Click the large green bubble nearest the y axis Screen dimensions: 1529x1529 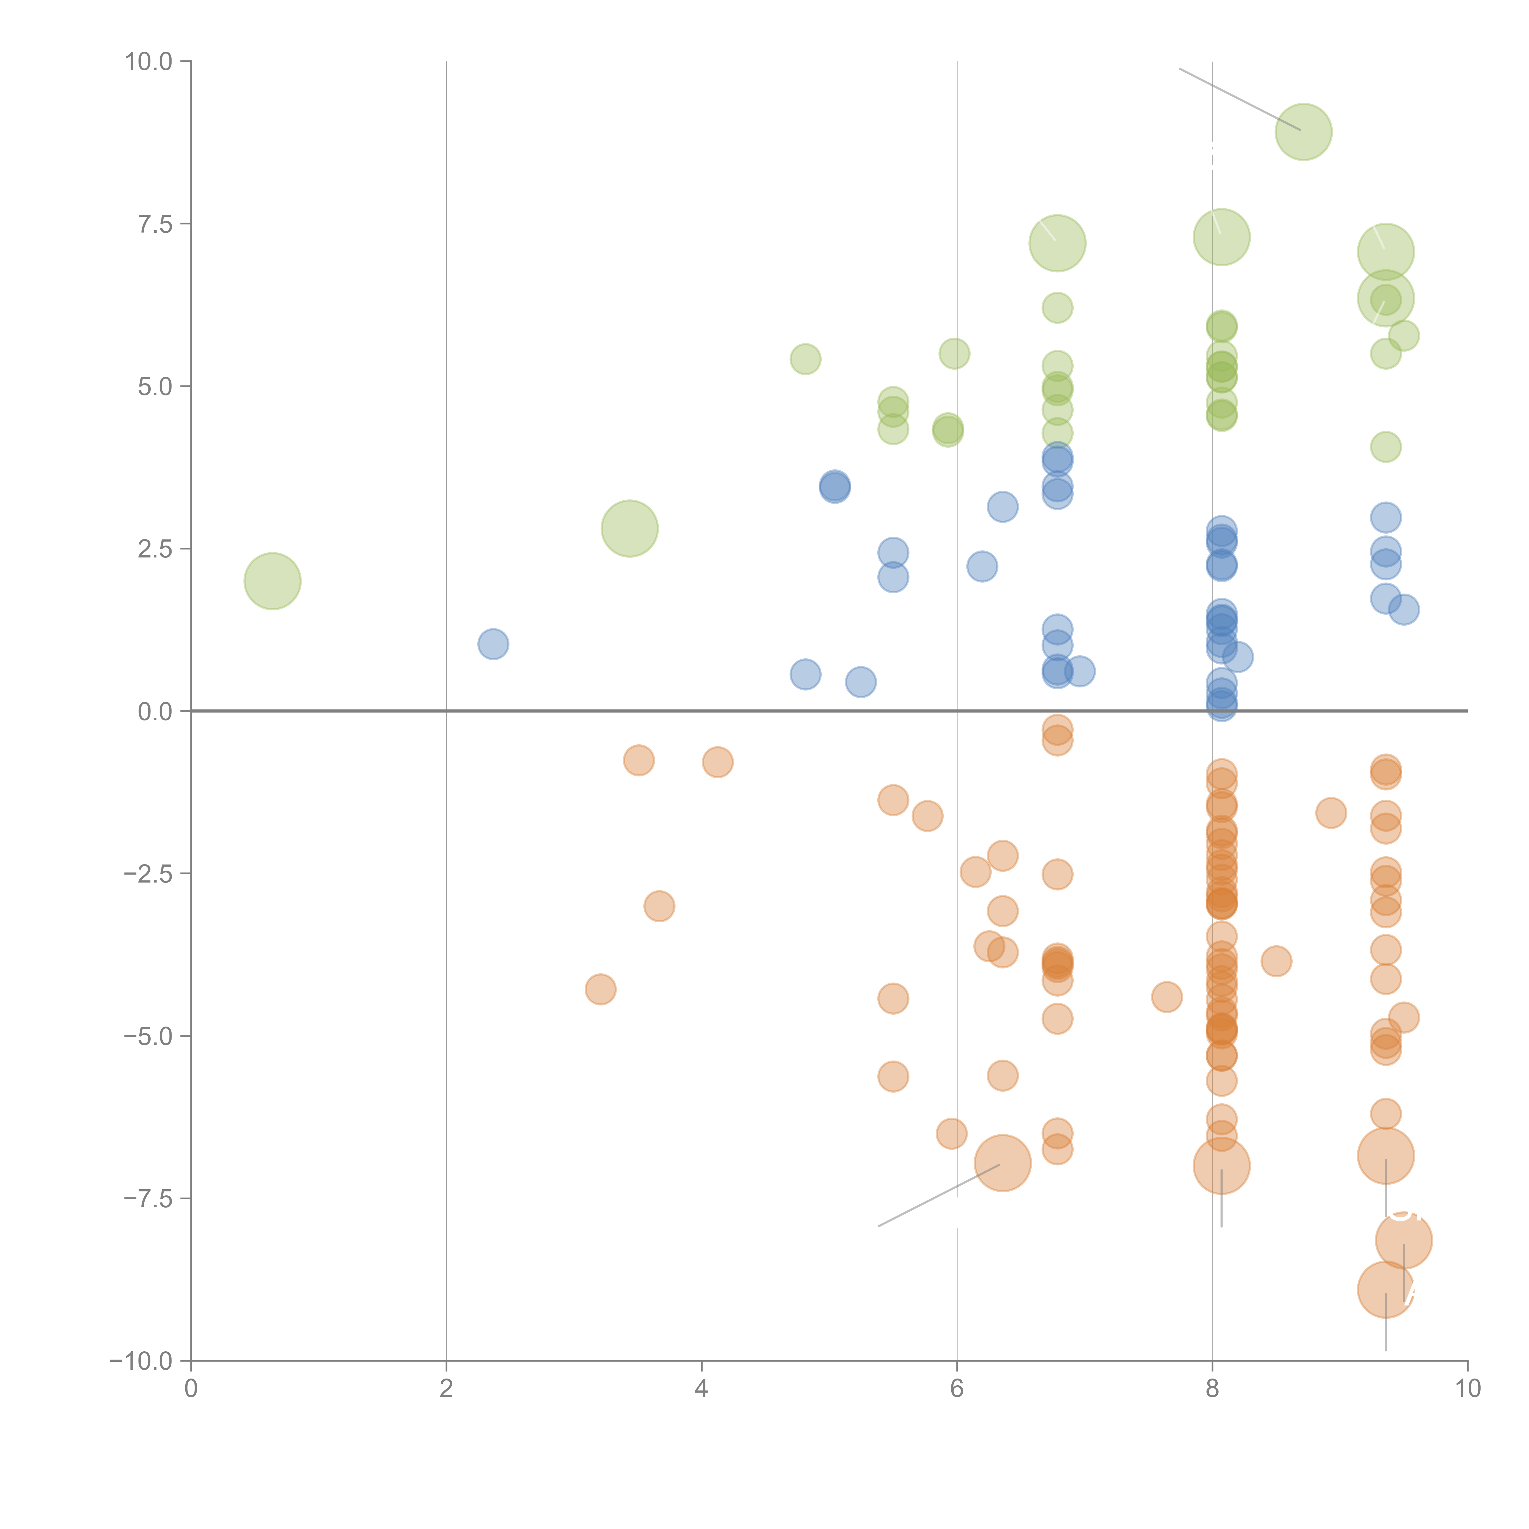(x=272, y=581)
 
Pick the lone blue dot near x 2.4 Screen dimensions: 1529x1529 (x=493, y=644)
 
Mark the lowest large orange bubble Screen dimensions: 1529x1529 (x=1385, y=1289)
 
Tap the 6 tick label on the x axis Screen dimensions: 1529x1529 (x=957, y=1389)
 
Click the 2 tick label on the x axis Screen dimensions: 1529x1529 (x=446, y=1389)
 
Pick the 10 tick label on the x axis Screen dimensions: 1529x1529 (x=1467, y=1389)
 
